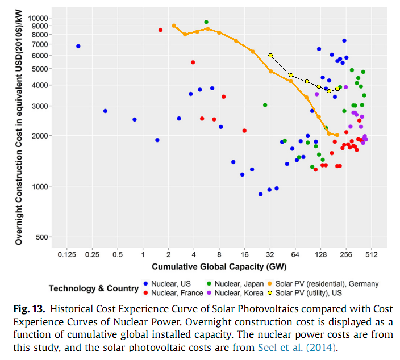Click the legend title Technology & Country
pyautogui.click(x=94, y=288)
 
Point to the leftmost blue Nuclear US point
pyautogui.click(x=78, y=46)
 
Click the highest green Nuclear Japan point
pyautogui.click(x=206, y=22)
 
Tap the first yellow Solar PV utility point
pyautogui.click(x=270, y=55)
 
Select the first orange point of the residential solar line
pyautogui.click(x=174, y=26)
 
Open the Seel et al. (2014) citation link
pyautogui.click(x=296, y=346)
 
